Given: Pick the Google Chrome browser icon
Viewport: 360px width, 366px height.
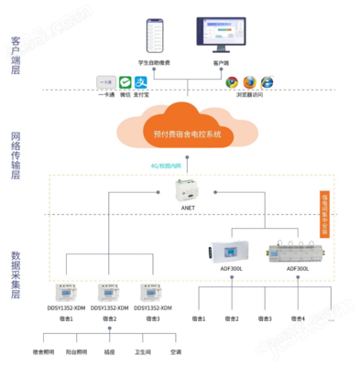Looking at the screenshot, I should [x=233, y=81].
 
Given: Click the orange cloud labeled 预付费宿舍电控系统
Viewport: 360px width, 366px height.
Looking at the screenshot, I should [x=187, y=129].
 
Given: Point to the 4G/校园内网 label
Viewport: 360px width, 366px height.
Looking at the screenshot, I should [x=171, y=167].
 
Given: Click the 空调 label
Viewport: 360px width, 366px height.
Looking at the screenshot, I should [x=176, y=351].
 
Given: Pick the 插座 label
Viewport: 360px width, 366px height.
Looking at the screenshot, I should [x=110, y=351].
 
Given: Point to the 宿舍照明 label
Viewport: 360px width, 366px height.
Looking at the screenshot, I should [x=44, y=351].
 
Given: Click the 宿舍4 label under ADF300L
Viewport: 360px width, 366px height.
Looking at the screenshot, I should [x=298, y=318].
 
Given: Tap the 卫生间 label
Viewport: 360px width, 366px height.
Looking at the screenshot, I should [x=143, y=351].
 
